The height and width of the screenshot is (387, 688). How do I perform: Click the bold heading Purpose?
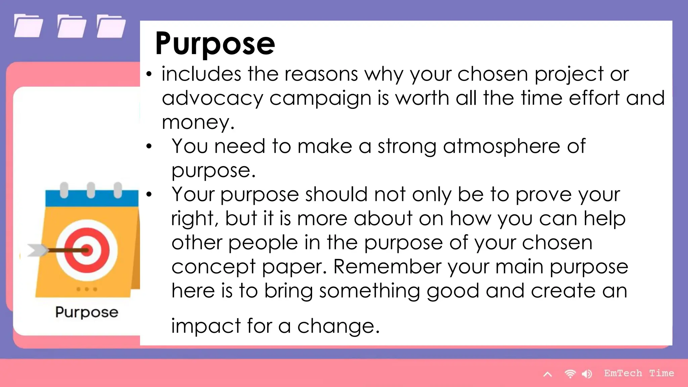pos(215,44)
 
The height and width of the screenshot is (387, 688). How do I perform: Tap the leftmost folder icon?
pos(29,26)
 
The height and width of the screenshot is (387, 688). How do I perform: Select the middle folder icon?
pos(72,26)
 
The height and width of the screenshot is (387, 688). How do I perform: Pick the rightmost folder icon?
pos(111,26)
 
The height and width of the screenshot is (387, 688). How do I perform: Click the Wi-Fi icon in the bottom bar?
pos(570,374)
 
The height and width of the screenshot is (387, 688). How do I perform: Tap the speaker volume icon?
pos(587,374)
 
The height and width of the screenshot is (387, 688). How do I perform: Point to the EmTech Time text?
pos(639,373)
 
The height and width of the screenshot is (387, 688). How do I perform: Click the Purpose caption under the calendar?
pos(87,312)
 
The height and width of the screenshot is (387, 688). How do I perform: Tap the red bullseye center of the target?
pos(87,250)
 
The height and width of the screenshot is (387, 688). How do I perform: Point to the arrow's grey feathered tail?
pos(36,250)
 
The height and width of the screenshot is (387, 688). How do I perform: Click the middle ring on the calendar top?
pos(91,190)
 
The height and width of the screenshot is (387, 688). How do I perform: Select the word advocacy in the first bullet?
pos(212,99)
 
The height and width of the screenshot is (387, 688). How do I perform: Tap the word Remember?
pos(387,267)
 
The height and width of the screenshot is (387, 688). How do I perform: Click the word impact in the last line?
pos(206,326)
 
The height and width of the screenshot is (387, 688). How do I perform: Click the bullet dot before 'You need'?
pos(149,146)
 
